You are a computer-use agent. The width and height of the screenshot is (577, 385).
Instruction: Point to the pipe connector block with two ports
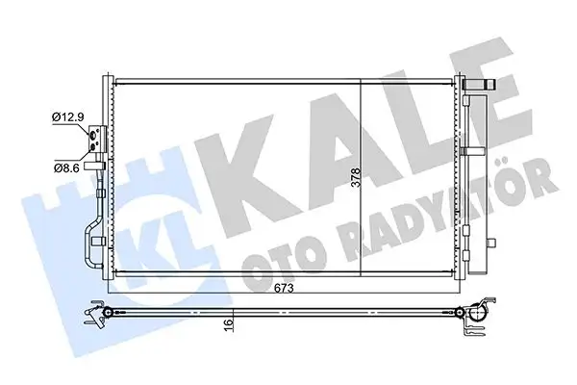[96, 141]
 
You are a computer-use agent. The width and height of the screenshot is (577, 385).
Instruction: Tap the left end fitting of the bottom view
[97, 313]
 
